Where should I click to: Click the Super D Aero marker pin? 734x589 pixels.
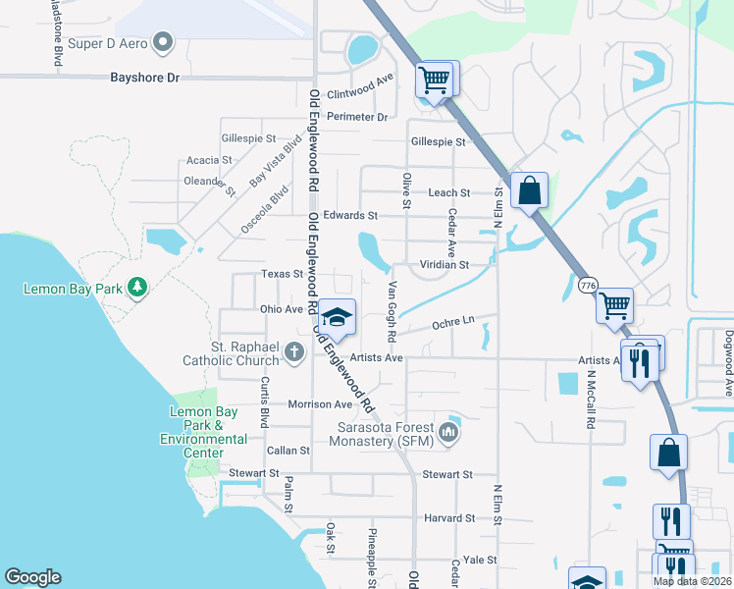[x=164, y=42]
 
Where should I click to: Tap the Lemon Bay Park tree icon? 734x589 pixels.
[x=138, y=286]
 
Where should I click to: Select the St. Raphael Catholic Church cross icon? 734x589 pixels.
[x=292, y=350]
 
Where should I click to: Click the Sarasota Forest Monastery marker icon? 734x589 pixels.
[x=449, y=431]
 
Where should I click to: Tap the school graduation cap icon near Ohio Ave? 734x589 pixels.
[x=337, y=316]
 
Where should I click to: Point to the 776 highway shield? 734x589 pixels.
[x=588, y=285]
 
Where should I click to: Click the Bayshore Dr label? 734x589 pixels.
[x=145, y=76]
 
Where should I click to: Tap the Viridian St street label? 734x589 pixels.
[x=445, y=265]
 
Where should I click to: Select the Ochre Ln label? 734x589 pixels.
[x=453, y=321]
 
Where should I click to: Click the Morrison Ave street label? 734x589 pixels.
[x=320, y=404]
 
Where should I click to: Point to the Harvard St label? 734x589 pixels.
[x=449, y=517]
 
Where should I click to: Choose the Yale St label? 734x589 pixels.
[x=482, y=560]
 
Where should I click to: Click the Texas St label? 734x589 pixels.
[x=283, y=274]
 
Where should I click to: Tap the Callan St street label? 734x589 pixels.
[x=288, y=451]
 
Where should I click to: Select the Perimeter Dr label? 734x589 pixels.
[x=358, y=117]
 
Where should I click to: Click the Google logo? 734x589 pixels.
[x=32, y=577]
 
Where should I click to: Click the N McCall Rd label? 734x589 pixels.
[x=591, y=397]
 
